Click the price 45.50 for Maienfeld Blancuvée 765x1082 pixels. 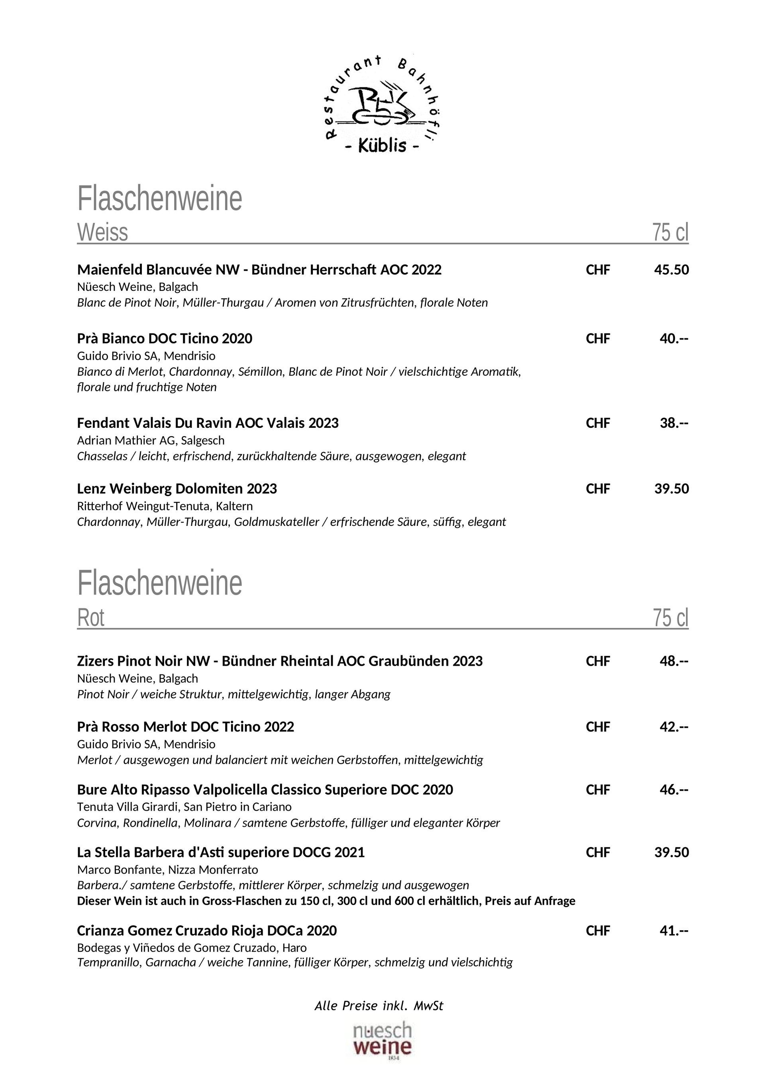(x=671, y=270)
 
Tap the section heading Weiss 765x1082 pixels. (x=102, y=232)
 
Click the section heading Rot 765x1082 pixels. (x=90, y=617)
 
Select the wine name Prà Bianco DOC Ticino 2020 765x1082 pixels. (x=165, y=338)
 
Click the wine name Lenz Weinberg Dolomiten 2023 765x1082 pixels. (x=177, y=489)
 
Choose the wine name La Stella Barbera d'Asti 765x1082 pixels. (x=221, y=852)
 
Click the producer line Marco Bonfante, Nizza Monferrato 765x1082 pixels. (x=167, y=869)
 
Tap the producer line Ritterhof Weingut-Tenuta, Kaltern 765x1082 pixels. (x=165, y=506)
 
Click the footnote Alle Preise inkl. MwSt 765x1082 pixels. (x=379, y=1006)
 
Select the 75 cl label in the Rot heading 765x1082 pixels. (x=670, y=617)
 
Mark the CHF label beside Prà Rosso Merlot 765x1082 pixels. (x=598, y=727)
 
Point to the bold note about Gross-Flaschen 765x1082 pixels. (x=326, y=901)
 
